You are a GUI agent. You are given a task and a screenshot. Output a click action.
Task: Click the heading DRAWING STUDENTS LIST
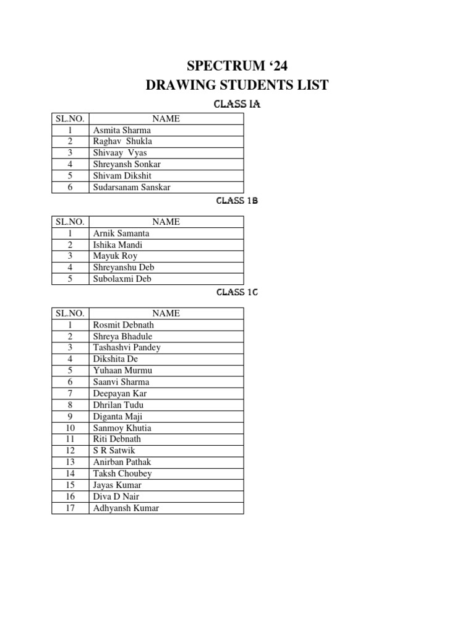(x=237, y=85)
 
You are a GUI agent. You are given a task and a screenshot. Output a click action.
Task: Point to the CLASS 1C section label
(x=237, y=292)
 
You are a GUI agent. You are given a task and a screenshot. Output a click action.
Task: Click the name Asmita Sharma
(x=122, y=131)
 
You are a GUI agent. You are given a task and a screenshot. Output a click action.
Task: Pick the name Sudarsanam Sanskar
(x=132, y=187)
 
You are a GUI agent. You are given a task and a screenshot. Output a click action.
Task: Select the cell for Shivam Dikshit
(x=122, y=176)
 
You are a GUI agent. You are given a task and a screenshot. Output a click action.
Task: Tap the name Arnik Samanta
(x=121, y=233)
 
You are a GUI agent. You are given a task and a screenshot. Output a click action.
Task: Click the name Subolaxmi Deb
(x=121, y=279)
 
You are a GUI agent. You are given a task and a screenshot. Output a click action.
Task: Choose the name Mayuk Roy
(x=115, y=256)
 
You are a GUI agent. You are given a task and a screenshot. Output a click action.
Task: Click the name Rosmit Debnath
(x=124, y=325)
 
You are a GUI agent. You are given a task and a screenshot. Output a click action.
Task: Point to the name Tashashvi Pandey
(x=127, y=347)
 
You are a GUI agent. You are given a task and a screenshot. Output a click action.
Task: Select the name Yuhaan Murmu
(x=122, y=370)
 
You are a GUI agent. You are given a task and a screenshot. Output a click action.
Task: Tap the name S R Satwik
(x=113, y=451)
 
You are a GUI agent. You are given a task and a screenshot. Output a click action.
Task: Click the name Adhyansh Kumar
(x=126, y=508)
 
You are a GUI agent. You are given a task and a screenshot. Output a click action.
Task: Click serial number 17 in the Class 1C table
(x=71, y=508)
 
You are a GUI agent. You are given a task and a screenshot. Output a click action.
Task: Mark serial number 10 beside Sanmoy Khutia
(x=71, y=428)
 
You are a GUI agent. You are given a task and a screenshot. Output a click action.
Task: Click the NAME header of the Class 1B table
(x=166, y=222)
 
